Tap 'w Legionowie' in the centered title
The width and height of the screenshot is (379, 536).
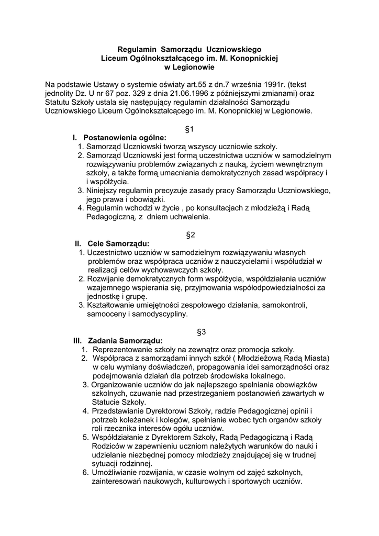tap(189, 67)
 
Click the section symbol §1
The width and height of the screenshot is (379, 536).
tap(189, 129)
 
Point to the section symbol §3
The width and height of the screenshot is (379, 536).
tap(201, 331)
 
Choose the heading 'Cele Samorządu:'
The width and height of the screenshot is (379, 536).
tap(118, 244)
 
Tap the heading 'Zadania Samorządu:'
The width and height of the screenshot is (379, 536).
tap(125, 340)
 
